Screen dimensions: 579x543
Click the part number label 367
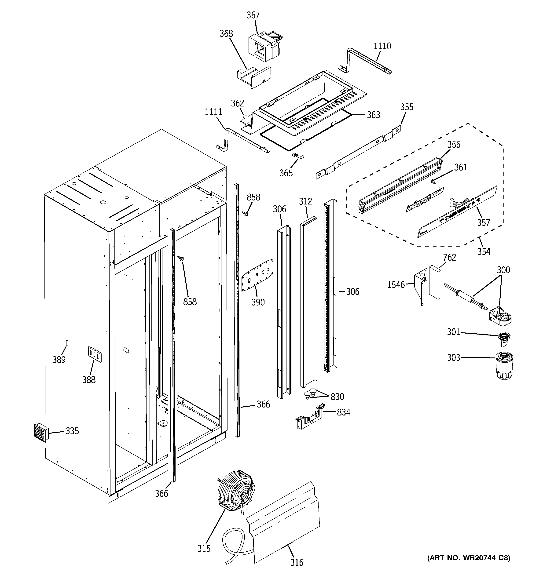[253, 15]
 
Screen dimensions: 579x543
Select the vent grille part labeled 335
[40, 433]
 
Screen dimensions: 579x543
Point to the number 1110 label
[382, 46]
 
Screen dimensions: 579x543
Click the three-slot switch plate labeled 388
[95, 354]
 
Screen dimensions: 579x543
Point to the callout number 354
[484, 251]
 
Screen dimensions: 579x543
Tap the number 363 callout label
[373, 115]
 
